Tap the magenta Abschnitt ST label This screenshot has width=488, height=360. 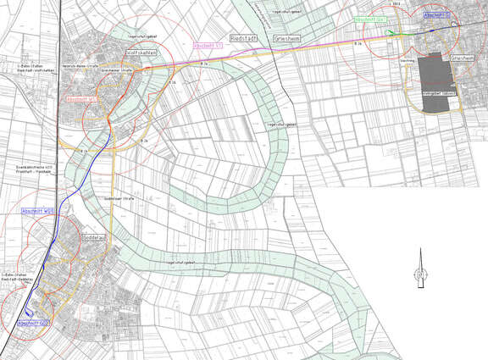208,44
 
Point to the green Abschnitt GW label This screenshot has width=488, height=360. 370,19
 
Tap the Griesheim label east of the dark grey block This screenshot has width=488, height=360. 463,58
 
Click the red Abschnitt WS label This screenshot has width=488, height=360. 81,99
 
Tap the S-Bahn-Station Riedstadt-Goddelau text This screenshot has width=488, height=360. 19,277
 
